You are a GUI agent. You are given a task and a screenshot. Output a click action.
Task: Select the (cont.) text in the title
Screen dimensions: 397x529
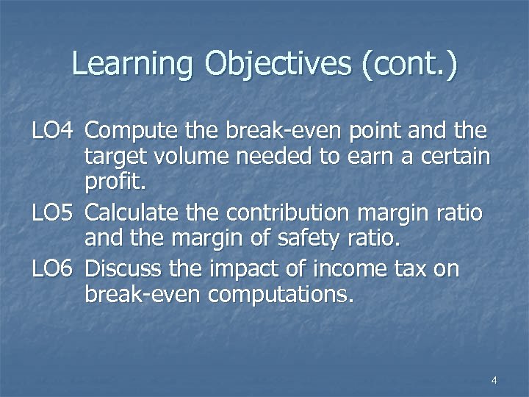tap(409, 64)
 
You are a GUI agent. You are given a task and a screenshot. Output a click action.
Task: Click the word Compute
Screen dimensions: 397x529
tap(131, 132)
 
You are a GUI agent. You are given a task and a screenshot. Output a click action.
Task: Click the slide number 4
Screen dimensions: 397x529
tap(493, 380)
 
